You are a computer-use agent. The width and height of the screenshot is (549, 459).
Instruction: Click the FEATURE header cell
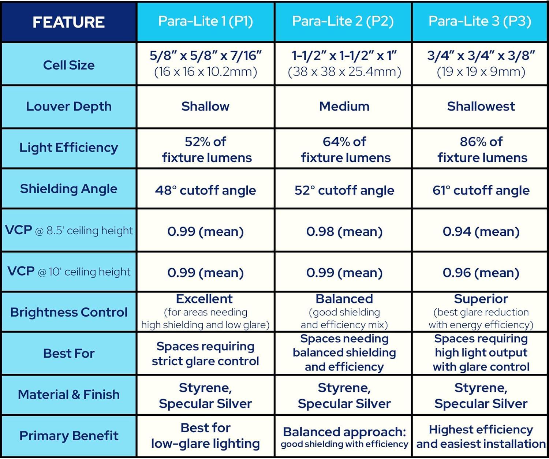coord(68,22)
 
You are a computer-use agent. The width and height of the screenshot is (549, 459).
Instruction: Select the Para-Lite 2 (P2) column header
coord(343,21)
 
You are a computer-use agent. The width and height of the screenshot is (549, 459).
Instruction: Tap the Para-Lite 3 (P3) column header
coord(480,21)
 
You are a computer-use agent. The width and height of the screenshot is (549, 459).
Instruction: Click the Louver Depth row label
coord(69,106)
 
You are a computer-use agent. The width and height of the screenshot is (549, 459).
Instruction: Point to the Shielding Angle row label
coord(69,189)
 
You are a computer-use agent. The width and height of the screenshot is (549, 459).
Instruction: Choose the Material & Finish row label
coord(69,395)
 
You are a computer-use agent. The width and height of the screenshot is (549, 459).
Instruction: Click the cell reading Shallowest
coord(481,106)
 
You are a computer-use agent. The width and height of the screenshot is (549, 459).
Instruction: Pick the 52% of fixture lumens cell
coord(206,149)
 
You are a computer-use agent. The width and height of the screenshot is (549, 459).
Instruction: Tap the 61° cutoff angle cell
coord(481,190)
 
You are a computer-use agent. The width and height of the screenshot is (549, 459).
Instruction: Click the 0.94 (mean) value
coord(481,231)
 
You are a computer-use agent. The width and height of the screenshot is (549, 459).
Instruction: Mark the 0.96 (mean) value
coord(481,273)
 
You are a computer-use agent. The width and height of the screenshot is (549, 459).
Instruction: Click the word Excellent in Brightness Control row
coord(204,299)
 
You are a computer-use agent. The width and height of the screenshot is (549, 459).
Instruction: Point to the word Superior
coord(481,299)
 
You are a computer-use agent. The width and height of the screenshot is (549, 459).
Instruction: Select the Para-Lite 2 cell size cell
coord(344,64)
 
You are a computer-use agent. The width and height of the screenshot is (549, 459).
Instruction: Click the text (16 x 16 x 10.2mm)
coord(206,72)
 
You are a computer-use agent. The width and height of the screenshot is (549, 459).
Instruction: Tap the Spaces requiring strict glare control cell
coord(206,354)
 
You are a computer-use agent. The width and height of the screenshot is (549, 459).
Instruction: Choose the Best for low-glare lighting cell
coord(206,436)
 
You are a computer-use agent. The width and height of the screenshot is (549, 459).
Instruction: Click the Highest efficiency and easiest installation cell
coord(481,436)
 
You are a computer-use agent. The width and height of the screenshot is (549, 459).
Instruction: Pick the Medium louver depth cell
coord(344,106)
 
